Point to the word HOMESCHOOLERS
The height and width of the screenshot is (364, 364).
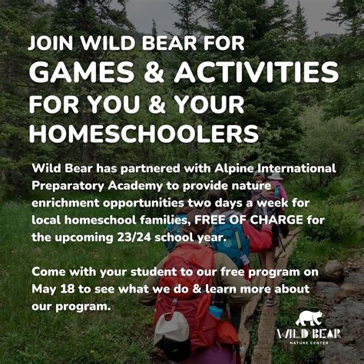pyautogui.click(x=144, y=132)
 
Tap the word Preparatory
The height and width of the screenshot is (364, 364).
pyautogui.click(x=69, y=185)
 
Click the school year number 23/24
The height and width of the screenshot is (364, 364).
pyautogui.click(x=128, y=237)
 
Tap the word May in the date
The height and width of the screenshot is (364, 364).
pyautogui.click(x=44, y=290)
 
